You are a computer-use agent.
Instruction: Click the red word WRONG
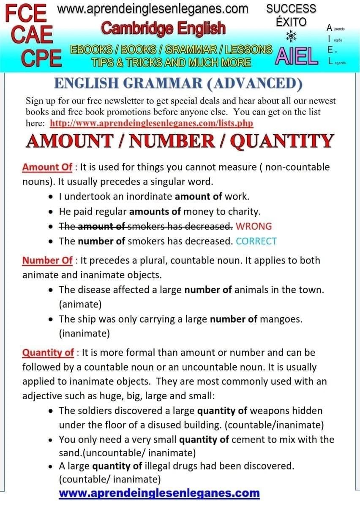pyautogui.click(x=254, y=226)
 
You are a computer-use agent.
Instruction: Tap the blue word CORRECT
pyautogui.click(x=256, y=241)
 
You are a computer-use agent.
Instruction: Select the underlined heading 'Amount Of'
pyautogui.click(x=47, y=167)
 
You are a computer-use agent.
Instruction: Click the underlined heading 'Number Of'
pyautogui.click(x=47, y=260)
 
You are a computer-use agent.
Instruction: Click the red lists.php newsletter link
pyautogui.click(x=151, y=123)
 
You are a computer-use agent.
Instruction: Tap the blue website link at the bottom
pyautogui.click(x=159, y=493)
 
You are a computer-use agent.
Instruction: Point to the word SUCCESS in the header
pyautogui.click(x=291, y=8)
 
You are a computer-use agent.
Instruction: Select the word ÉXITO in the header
pyautogui.click(x=291, y=22)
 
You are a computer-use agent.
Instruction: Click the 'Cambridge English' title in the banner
pyautogui.click(x=164, y=28)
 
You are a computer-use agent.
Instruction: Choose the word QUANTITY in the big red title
pyautogui.click(x=283, y=142)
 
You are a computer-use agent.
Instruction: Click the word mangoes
pyautogui.click(x=281, y=319)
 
